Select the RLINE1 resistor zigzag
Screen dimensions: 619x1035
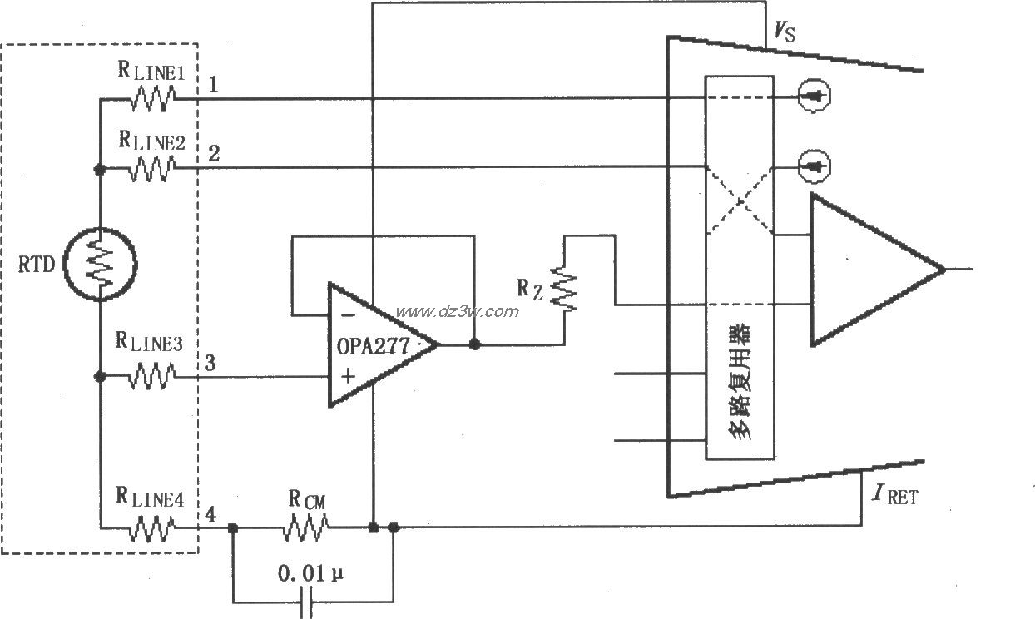pos(151,99)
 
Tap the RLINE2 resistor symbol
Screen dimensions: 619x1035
pos(151,170)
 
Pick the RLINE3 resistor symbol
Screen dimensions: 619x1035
pos(151,377)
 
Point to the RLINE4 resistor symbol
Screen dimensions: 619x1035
pos(151,527)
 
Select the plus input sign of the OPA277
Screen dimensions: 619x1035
pos(347,376)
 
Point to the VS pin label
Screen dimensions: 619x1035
pos(781,34)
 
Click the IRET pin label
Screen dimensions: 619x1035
pos(891,498)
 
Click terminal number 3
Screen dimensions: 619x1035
pos(211,364)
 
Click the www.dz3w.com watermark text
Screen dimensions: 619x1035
pos(457,312)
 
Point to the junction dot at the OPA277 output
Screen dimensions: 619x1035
pos(474,344)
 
